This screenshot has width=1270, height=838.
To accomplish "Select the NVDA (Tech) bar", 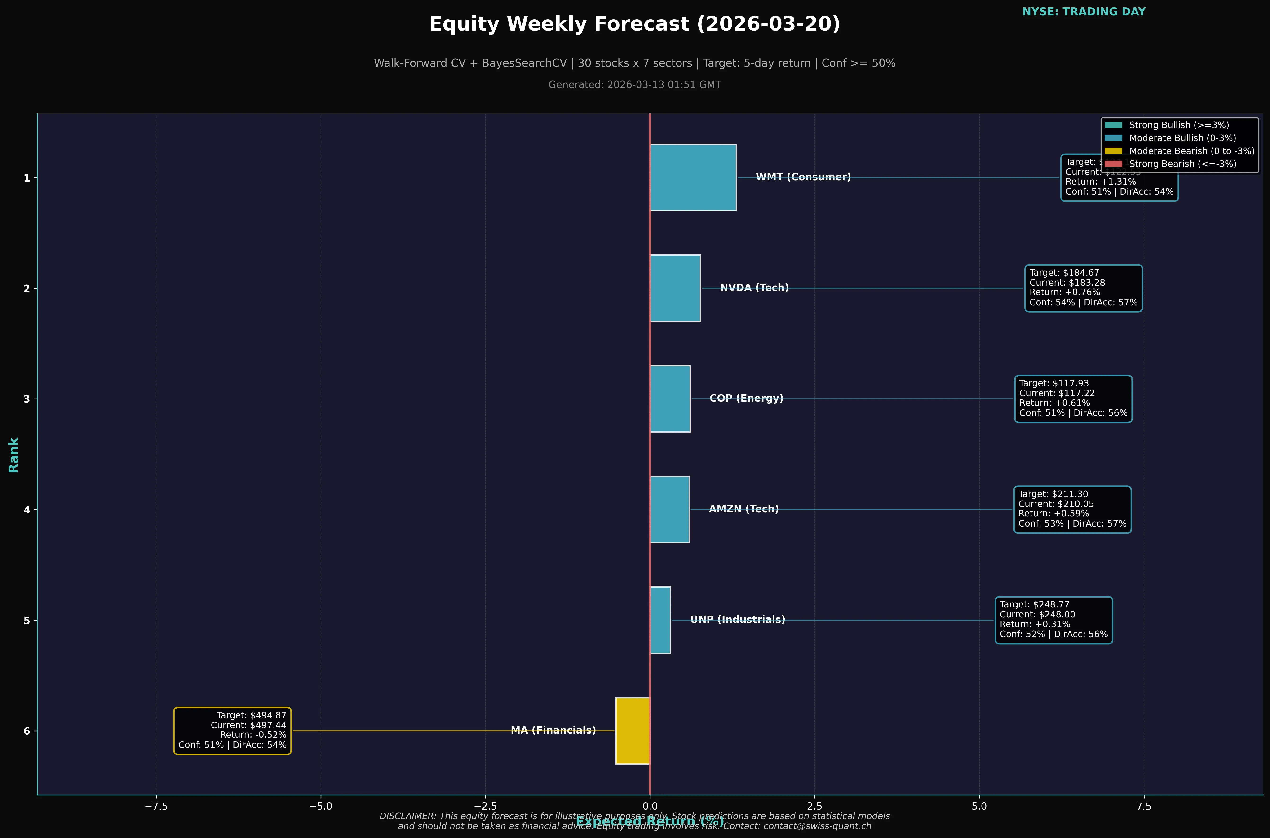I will pyautogui.click(x=675, y=288).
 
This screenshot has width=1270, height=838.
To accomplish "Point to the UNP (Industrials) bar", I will pyautogui.click(x=660, y=620).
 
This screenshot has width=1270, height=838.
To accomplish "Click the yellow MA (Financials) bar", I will pyautogui.click(x=633, y=731).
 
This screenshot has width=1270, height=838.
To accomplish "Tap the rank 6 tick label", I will pyautogui.click(x=27, y=731).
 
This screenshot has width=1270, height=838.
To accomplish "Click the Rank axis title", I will pyautogui.click(x=13, y=455).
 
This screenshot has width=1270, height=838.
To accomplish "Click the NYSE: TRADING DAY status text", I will pyautogui.click(x=1084, y=12).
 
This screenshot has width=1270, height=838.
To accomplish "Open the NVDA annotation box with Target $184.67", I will pyautogui.click(x=1083, y=288).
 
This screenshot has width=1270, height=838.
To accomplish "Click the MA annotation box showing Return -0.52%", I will pyautogui.click(x=232, y=731).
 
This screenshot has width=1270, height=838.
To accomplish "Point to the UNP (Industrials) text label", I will pyautogui.click(x=737, y=619).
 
